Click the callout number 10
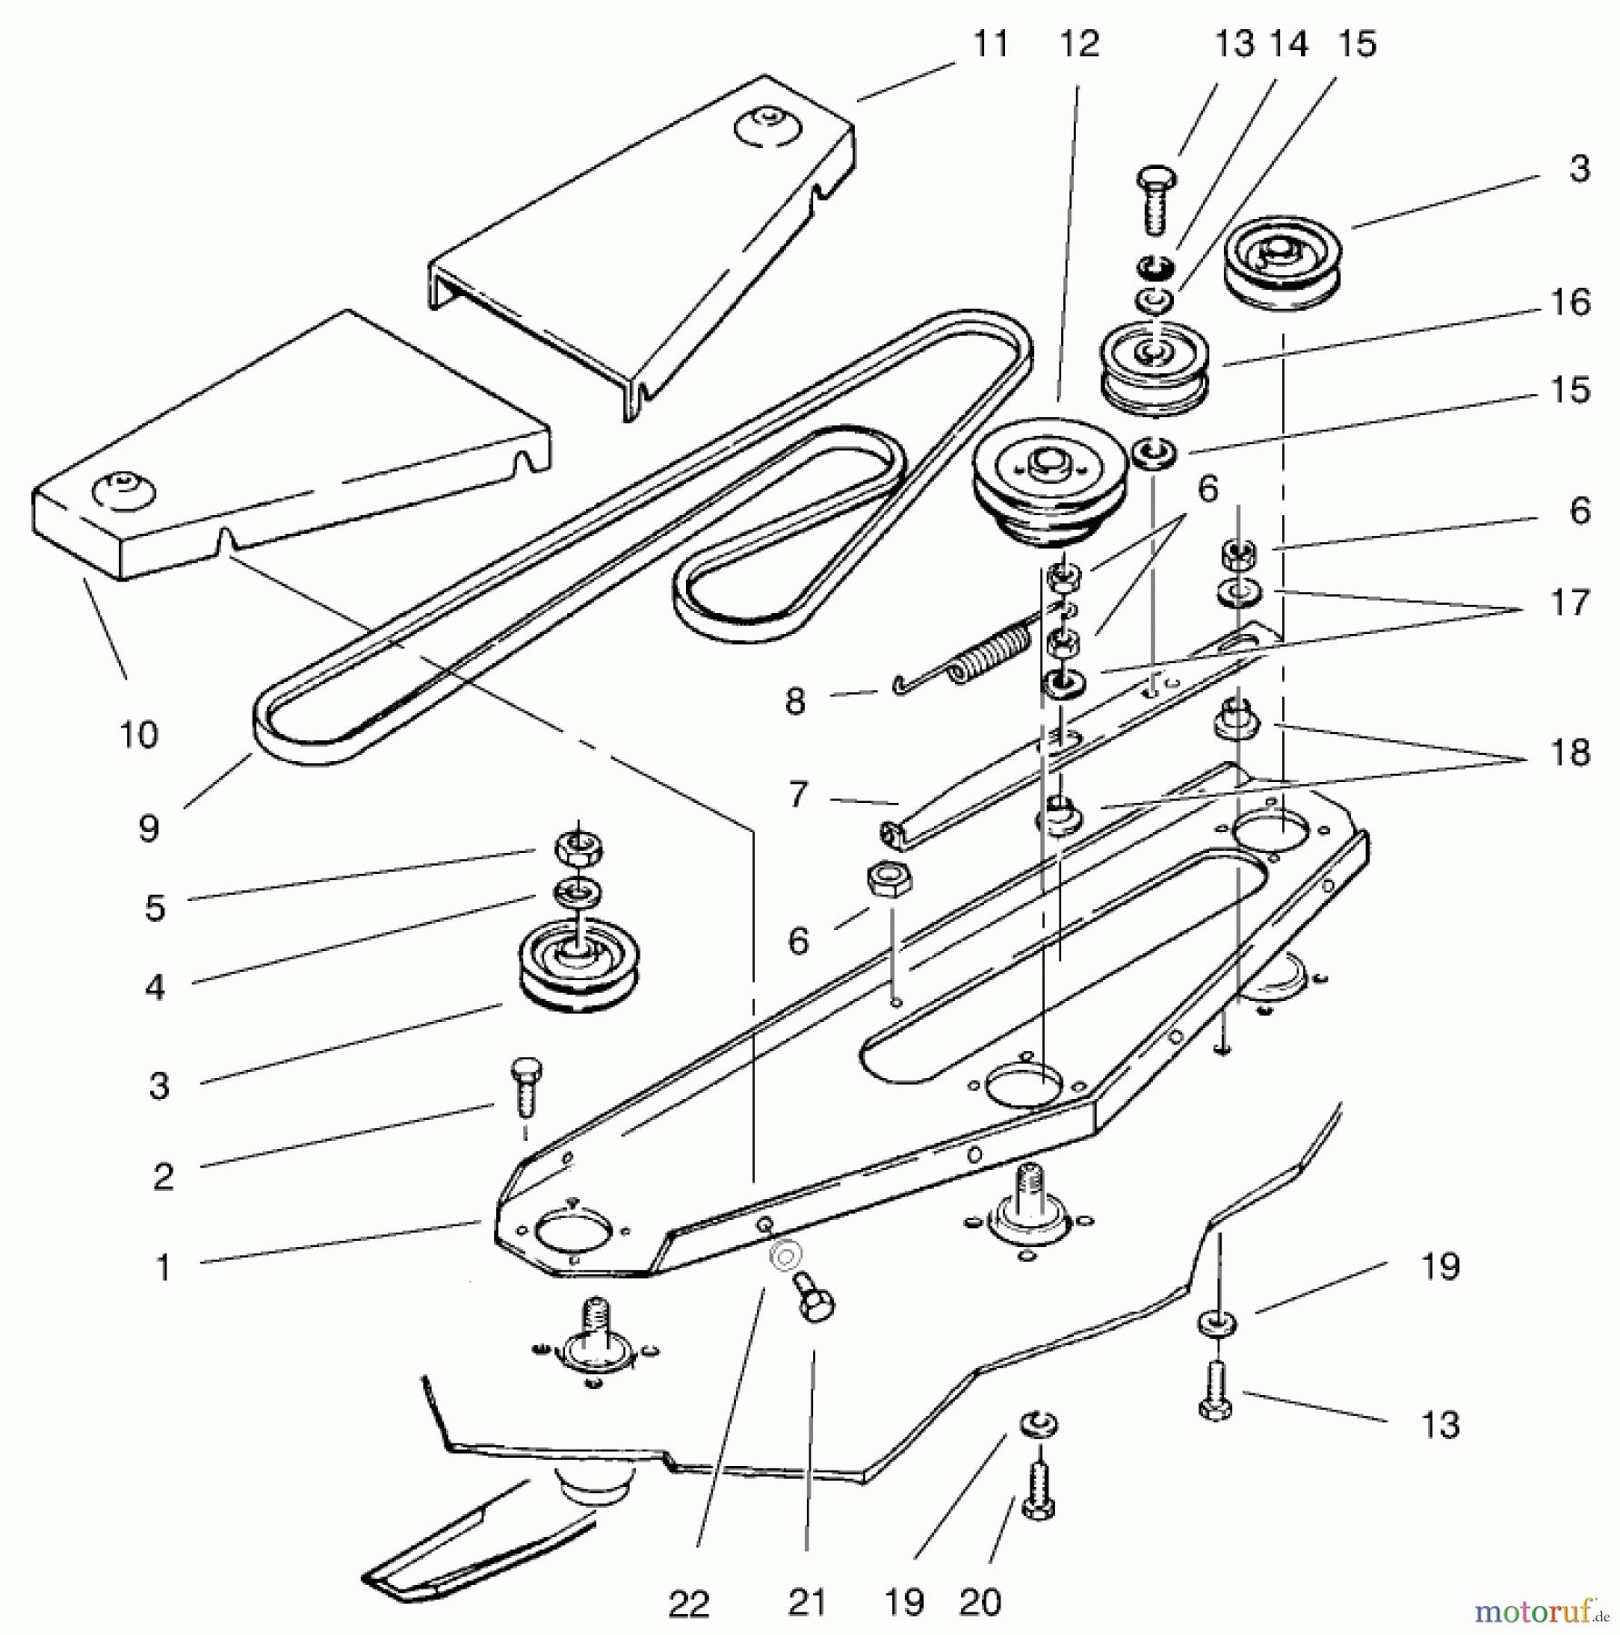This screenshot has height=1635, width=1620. (138, 734)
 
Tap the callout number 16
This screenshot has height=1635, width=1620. (1570, 302)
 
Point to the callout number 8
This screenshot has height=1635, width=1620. (795, 701)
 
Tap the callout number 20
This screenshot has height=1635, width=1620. (979, 1602)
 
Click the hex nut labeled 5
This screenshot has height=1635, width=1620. (580, 848)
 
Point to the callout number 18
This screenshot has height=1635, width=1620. (1569, 752)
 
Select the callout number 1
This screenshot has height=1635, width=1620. (164, 1267)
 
